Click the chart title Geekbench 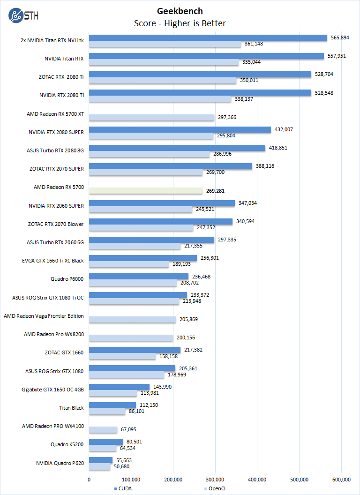pyautogui.click(x=180, y=11)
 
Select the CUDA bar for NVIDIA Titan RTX pyautogui.click(x=206, y=56)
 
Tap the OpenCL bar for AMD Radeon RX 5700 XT pyautogui.click(x=151, y=118)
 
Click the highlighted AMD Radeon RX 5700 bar pyautogui.click(x=146, y=191)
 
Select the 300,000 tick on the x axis pyautogui.click(x=215, y=479)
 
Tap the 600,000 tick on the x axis pyautogui.click(x=341, y=479)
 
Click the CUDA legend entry pyautogui.click(x=125, y=488)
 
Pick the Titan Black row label pyautogui.click(x=71, y=408)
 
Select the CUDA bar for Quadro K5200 pyautogui.click(x=106, y=442)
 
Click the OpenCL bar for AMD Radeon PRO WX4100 pyautogui.click(x=103, y=429)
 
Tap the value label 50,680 pyautogui.click(x=121, y=466)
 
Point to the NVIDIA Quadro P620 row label pyautogui.click(x=60, y=463)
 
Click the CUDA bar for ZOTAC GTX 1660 pyautogui.click(x=135, y=350)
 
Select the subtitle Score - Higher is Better pyautogui.click(x=180, y=23)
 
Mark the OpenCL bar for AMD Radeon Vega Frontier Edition pyautogui.click(x=132, y=319)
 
